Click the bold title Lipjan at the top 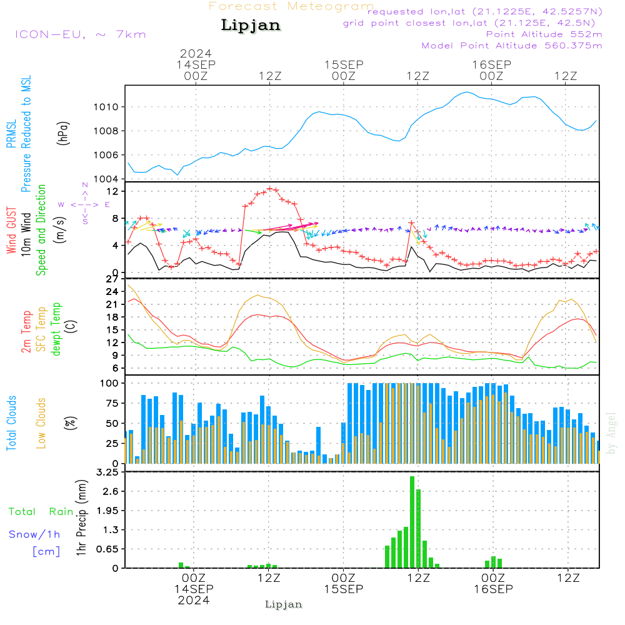point(251,25)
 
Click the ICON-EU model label point(79,34)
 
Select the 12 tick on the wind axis point(113,191)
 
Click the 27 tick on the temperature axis point(113,279)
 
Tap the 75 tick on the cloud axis point(113,403)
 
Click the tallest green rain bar point(412,522)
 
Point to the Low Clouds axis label point(41,422)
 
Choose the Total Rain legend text point(41,511)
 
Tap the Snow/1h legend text point(35,534)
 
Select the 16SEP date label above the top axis point(492,64)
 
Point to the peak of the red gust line point(270,188)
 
